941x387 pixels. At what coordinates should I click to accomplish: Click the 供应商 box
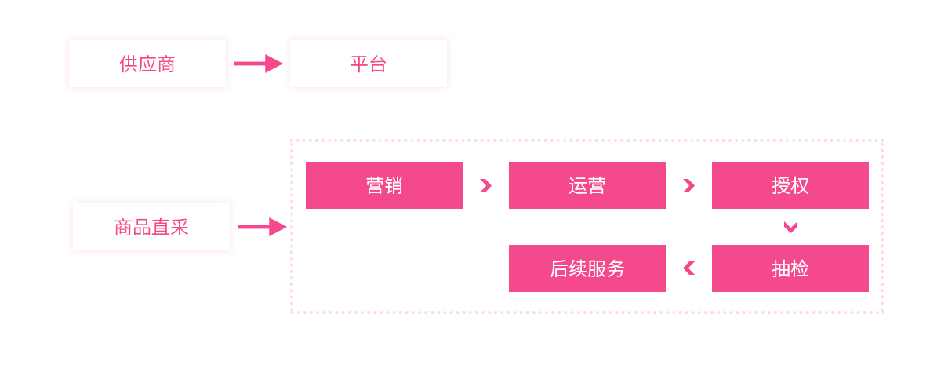point(147,64)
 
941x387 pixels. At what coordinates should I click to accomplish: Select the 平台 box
point(369,64)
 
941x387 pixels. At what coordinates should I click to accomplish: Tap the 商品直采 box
point(151,228)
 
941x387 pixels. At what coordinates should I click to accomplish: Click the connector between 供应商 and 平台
point(258,63)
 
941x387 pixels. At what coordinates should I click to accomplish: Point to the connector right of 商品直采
point(263,226)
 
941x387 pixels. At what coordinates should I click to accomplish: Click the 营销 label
point(384,186)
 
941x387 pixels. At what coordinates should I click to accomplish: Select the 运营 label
point(587,186)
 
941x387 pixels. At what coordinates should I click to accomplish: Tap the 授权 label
point(790,186)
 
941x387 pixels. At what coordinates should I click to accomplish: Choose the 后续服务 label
point(587,269)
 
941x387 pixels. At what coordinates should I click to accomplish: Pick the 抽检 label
point(790,269)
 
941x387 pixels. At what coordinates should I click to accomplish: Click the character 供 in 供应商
point(129,64)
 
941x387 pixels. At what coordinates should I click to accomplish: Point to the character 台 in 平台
point(378,64)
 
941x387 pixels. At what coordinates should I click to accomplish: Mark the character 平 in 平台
point(359,64)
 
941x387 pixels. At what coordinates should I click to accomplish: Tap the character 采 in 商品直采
point(180,228)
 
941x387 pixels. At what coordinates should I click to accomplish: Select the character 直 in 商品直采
point(161,228)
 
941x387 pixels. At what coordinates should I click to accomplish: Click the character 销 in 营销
point(394,186)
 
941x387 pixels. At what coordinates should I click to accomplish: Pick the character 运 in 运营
point(578,186)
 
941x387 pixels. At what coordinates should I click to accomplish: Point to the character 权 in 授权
point(800,186)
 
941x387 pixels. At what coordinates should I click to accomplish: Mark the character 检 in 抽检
point(800,269)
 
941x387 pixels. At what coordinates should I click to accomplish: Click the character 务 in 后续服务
point(616,269)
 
